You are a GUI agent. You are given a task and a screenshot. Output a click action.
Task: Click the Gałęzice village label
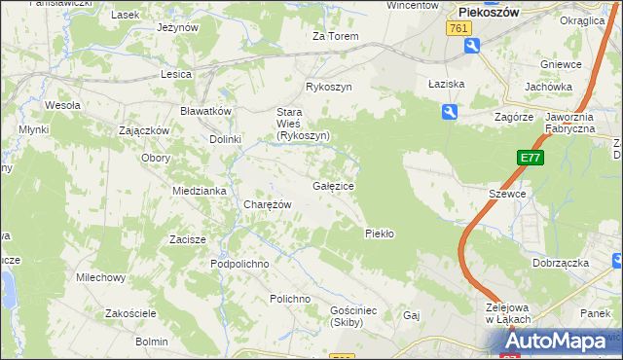tap(334, 185)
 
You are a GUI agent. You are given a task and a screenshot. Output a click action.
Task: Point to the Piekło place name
tap(379, 234)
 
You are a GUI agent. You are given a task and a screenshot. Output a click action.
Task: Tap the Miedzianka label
tap(200, 191)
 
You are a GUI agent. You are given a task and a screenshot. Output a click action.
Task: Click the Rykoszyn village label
tap(328, 87)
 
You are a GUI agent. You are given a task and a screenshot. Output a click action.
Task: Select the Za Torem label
tap(336, 37)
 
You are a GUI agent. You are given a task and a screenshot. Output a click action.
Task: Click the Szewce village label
tap(507, 194)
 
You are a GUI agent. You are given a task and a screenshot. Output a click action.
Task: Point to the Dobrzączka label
tap(558, 263)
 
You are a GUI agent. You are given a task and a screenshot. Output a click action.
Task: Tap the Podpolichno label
tap(239, 264)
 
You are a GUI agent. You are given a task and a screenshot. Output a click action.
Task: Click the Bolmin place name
tap(152, 342)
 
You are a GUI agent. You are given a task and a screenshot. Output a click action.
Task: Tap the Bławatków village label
tap(204, 111)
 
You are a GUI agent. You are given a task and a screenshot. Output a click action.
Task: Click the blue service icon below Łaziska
tap(449, 114)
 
